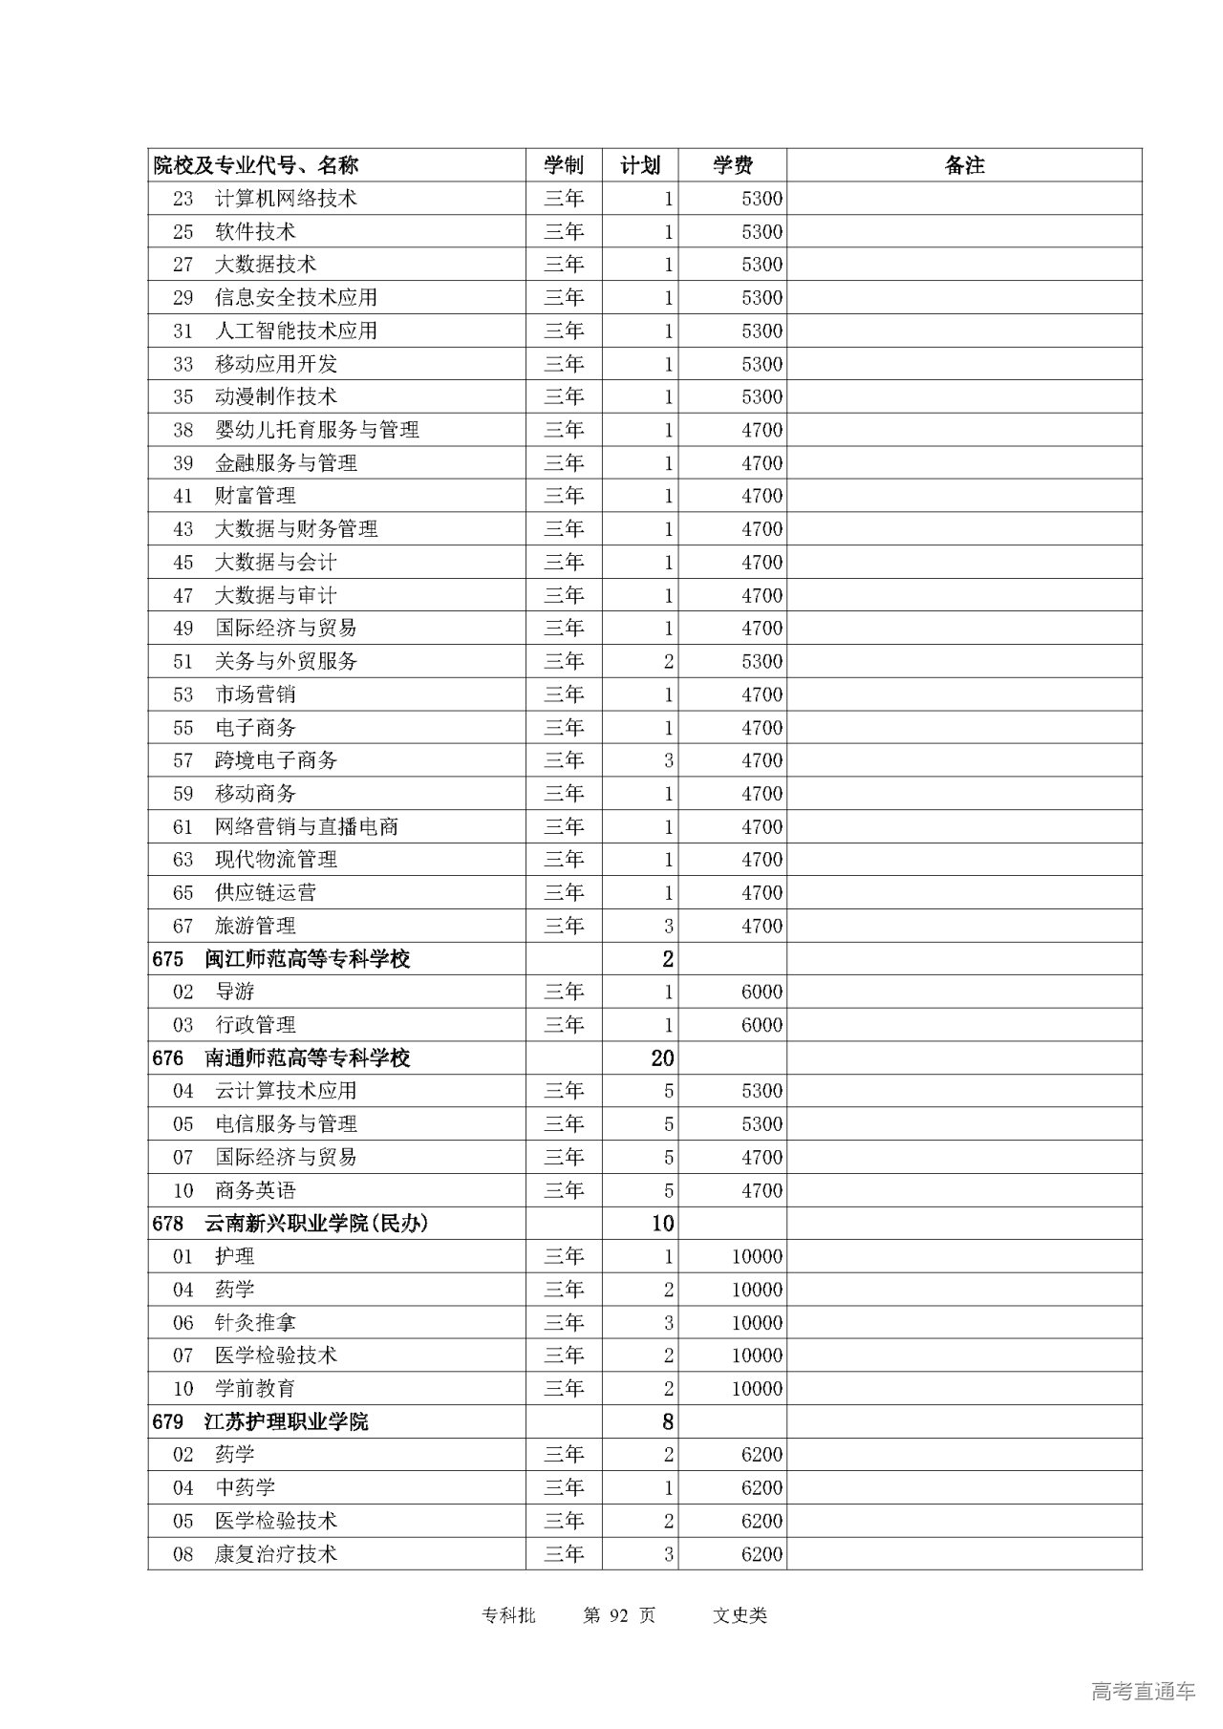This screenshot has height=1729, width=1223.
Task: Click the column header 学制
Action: point(564,165)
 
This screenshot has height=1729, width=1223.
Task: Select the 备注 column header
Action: point(964,165)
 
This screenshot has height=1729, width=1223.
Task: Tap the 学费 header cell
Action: point(733,165)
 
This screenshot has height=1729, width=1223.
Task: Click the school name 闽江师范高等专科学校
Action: point(307,959)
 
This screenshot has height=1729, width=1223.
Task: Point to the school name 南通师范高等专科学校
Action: point(307,1058)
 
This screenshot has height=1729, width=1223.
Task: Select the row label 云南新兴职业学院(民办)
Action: point(316,1224)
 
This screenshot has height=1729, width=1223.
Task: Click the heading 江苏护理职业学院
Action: point(286,1422)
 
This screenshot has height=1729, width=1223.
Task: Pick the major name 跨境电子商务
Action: point(276,760)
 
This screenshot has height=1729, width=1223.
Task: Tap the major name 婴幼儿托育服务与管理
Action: point(316,430)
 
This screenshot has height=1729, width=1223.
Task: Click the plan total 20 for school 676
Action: point(662,1058)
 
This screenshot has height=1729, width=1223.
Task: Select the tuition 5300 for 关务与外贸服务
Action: point(762,661)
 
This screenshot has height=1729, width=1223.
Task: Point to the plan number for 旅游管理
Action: point(669,926)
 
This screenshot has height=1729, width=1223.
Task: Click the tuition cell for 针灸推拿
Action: point(757,1323)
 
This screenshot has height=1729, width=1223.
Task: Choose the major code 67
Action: point(183,926)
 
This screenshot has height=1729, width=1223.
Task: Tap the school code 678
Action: point(168,1224)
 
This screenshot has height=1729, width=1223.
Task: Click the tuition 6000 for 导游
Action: point(762,992)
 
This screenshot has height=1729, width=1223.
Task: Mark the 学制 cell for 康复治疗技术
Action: point(564,1554)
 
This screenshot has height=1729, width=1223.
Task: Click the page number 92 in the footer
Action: point(619,1615)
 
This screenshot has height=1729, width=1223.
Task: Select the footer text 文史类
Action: point(740,1615)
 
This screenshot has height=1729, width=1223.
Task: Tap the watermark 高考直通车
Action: point(1143,1692)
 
